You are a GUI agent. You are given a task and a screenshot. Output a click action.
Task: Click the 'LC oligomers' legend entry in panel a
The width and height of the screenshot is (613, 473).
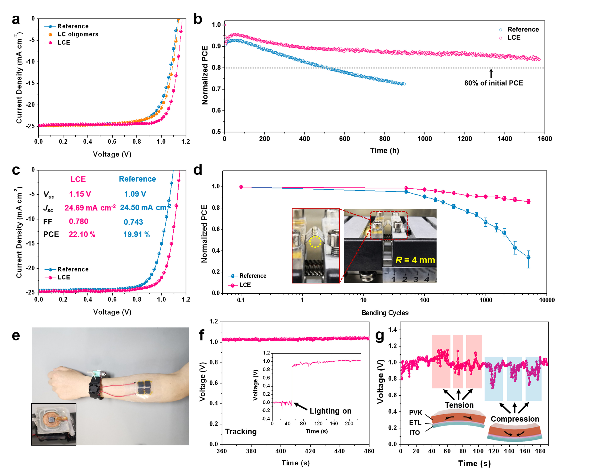78,34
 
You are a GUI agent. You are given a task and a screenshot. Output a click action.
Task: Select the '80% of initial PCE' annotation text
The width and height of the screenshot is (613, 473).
493,83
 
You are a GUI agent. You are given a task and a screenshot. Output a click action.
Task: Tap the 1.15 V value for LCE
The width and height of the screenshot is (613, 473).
80,194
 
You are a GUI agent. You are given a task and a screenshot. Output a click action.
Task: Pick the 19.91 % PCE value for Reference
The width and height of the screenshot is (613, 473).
136,234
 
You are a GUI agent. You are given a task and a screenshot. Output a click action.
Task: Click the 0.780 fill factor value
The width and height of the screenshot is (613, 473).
79,222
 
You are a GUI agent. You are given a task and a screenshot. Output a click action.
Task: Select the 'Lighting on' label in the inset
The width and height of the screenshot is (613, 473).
330,411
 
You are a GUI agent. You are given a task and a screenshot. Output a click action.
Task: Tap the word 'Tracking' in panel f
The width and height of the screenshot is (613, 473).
241,431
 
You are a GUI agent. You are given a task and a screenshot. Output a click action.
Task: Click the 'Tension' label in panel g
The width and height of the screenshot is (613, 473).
459,405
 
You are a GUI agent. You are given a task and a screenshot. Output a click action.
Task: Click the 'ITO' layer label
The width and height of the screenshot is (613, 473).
414,433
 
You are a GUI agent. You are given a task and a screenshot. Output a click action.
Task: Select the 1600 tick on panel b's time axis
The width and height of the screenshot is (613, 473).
544,139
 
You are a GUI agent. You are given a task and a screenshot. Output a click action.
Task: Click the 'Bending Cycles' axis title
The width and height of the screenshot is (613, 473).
384,313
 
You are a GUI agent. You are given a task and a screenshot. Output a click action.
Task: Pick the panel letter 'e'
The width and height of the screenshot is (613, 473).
16,336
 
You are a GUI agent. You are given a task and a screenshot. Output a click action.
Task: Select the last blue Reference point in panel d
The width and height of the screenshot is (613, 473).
528,257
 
